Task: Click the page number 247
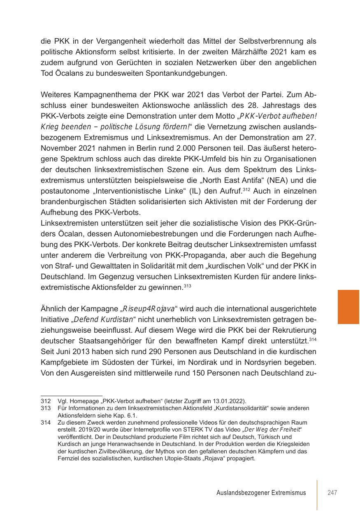(332, 492)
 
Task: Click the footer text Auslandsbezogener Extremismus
(261, 492)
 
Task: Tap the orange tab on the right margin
(348, 307)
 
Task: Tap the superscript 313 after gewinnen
(188, 285)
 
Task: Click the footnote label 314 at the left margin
(46, 423)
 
